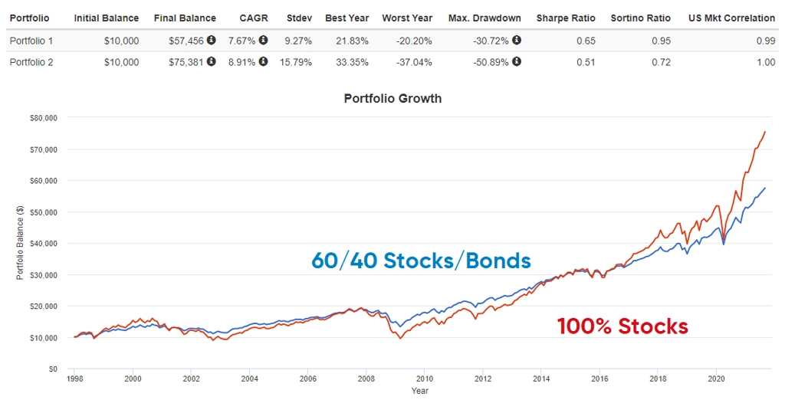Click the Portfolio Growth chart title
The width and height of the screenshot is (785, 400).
[x=392, y=98]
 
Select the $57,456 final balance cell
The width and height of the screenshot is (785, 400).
[x=186, y=40]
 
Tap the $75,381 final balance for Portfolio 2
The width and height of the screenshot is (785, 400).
[x=186, y=62]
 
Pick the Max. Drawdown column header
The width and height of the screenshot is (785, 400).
[x=484, y=18]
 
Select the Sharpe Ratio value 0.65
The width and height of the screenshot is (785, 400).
[x=585, y=40]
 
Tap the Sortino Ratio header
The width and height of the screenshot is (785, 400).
[x=639, y=18]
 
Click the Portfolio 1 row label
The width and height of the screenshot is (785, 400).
[x=31, y=40]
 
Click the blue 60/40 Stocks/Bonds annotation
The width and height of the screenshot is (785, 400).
[x=421, y=261]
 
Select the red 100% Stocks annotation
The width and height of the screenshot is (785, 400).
[x=622, y=326]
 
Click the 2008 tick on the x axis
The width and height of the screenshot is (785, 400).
[x=366, y=379]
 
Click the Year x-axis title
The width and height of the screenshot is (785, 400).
[x=419, y=391]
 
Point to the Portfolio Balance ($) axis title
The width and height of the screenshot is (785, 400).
[x=20, y=243]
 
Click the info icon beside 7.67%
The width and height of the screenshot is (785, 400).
[x=263, y=40]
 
